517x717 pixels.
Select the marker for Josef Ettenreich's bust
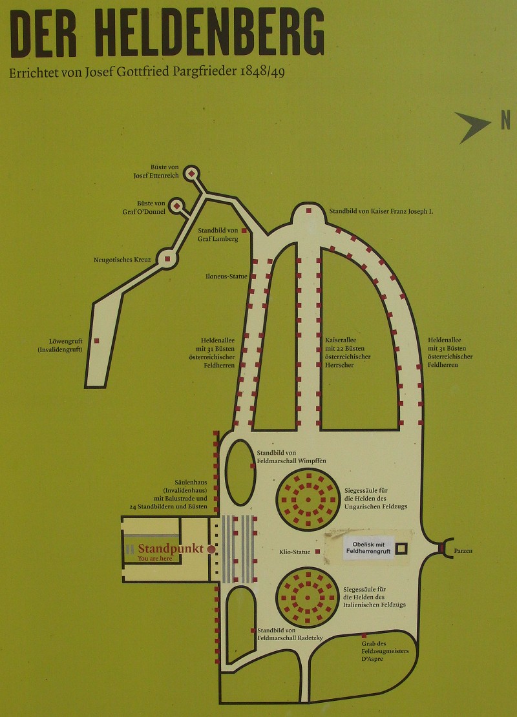[x=191, y=173]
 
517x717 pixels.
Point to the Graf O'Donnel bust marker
[x=176, y=206]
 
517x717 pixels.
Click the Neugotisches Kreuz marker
[x=167, y=259]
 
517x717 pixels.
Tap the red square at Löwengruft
[x=96, y=340]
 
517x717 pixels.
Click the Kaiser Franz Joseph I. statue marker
[x=309, y=211]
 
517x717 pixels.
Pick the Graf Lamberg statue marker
[x=244, y=231]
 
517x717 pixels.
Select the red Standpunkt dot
[x=211, y=549]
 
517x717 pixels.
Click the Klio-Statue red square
[x=317, y=552]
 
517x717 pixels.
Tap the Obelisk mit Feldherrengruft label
[x=368, y=548]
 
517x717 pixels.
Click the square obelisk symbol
[x=401, y=548]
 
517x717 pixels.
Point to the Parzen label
[x=463, y=551]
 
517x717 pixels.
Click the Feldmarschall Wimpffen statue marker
[x=253, y=466]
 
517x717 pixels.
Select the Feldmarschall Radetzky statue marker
[x=253, y=630]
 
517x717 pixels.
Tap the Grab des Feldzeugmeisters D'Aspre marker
[x=364, y=636]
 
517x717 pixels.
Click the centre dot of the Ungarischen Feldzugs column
[x=308, y=500]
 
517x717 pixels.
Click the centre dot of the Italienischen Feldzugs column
[x=307, y=597]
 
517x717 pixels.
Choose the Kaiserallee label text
[x=341, y=340]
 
